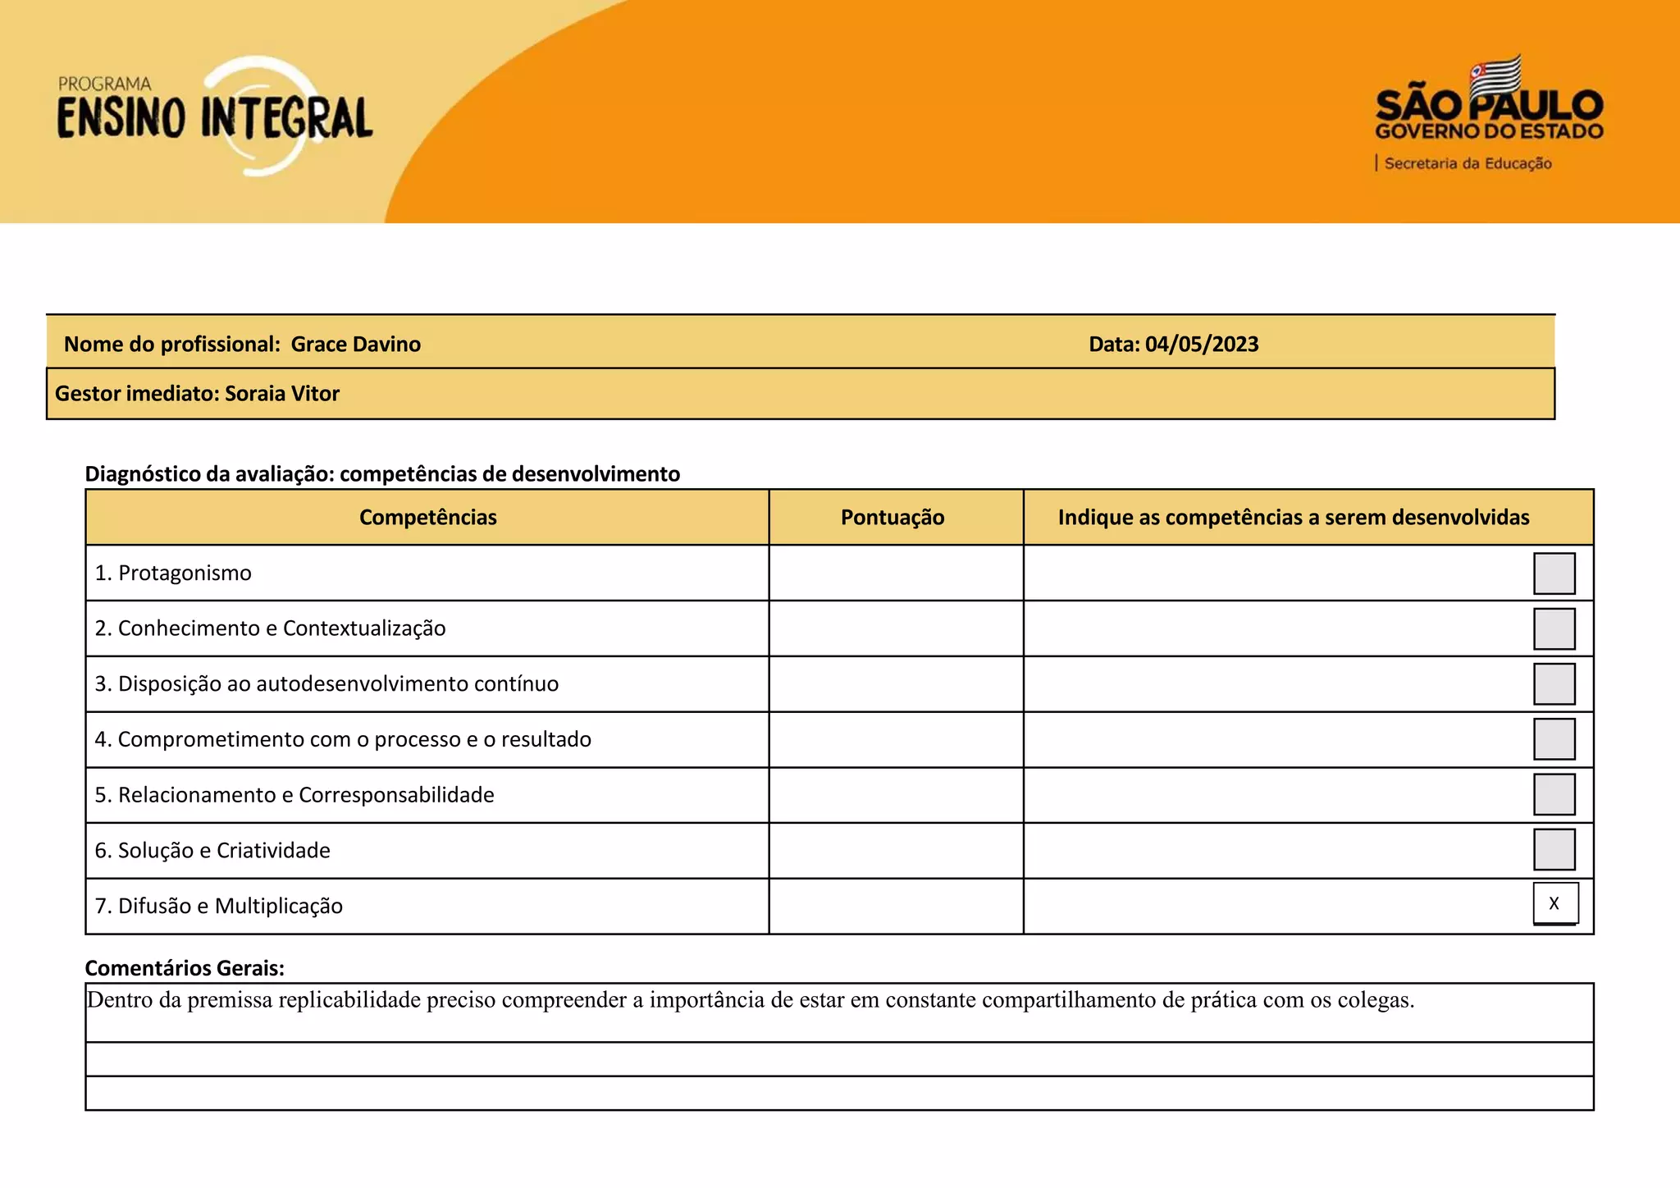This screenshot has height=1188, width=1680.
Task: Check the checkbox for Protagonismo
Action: [1554, 573]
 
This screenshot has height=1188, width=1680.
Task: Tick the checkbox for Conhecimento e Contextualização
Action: [1554, 628]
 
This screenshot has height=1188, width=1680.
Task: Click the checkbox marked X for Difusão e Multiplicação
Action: [1554, 903]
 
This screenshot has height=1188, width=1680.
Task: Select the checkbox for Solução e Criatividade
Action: [1554, 849]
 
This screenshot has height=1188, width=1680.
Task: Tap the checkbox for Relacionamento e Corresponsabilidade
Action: [1554, 794]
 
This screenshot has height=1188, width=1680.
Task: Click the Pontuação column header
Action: [892, 517]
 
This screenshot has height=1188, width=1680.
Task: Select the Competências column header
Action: [427, 517]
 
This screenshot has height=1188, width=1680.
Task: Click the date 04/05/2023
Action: [1201, 344]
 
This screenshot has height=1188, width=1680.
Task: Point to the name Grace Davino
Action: [355, 344]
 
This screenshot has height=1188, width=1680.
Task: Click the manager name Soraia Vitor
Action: [281, 394]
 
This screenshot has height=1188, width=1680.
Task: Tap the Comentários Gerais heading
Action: [185, 968]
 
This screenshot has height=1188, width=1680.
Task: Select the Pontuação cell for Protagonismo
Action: [896, 573]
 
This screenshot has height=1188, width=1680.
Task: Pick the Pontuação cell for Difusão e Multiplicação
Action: [896, 906]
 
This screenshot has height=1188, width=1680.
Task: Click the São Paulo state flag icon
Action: [1495, 75]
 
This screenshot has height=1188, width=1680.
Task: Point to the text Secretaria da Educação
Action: [1468, 163]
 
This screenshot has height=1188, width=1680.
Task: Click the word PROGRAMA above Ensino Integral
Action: [104, 84]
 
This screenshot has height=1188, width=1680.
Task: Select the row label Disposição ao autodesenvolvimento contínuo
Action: [337, 683]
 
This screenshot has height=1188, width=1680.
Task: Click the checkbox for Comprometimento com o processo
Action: [1554, 739]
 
